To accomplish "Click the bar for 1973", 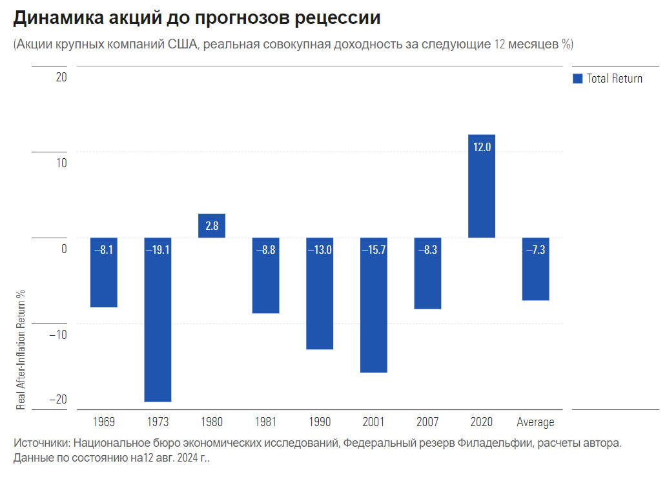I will tap(158, 320).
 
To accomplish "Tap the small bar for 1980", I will tap(212, 225).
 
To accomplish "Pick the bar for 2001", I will tap(374, 305).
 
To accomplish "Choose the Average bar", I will tap(535, 269).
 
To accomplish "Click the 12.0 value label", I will tap(482, 147).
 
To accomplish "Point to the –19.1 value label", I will tap(158, 250).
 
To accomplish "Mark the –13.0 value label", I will tap(320, 250).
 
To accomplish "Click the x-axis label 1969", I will tap(103, 422).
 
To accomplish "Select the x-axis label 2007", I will tap(427, 422).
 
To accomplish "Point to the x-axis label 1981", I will tap(265, 422).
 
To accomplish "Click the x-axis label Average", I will tap(535, 422).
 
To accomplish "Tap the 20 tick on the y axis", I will tap(61, 77).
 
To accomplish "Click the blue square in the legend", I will tap(578, 79).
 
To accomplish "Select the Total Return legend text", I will tap(614, 79).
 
